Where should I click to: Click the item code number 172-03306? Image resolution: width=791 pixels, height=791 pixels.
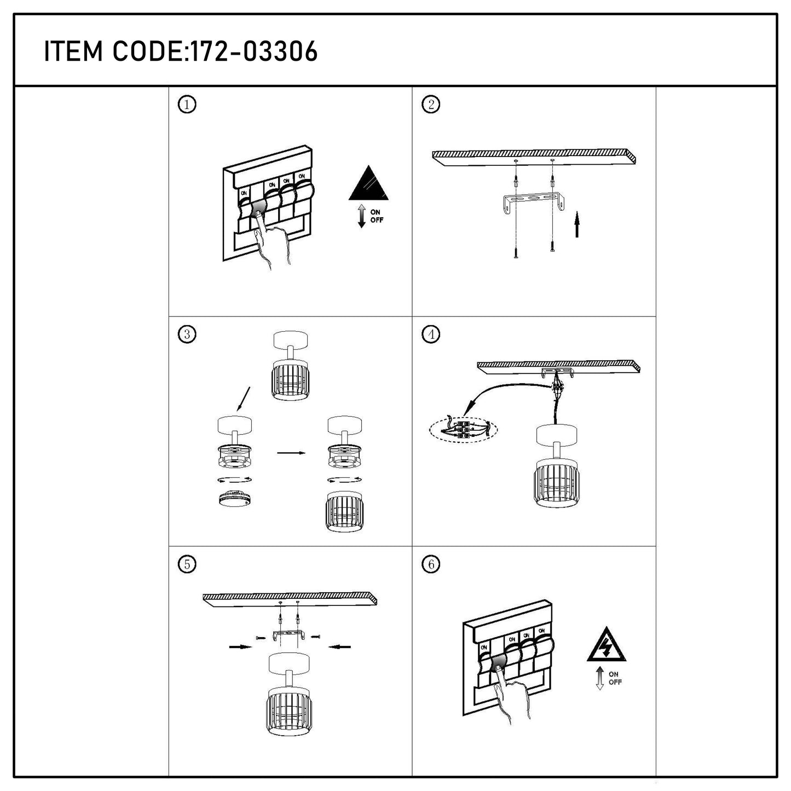[x=255, y=51]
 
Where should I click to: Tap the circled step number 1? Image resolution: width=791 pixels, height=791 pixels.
[x=187, y=105]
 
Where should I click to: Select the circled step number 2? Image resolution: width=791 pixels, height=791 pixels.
[x=431, y=104]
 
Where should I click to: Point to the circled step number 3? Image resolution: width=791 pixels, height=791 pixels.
[x=187, y=334]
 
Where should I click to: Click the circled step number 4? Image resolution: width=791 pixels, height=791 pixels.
[x=431, y=334]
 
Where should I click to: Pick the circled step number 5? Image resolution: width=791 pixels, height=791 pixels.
[x=187, y=564]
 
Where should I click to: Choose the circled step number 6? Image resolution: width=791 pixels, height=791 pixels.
[x=431, y=564]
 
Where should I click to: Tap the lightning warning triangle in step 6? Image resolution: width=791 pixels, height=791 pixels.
[x=607, y=644]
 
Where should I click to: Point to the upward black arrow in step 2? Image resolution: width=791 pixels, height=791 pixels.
[x=577, y=224]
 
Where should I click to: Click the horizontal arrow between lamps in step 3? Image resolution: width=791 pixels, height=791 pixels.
[x=291, y=453]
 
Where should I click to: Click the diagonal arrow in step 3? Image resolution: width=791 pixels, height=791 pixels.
[x=243, y=399]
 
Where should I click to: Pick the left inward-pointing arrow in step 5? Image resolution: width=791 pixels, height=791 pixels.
[x=240, y=647]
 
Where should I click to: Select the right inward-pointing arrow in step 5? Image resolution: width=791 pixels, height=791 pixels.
[x=340, y=647]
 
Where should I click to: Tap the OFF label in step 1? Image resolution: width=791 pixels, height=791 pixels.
[x=377, y=220]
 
